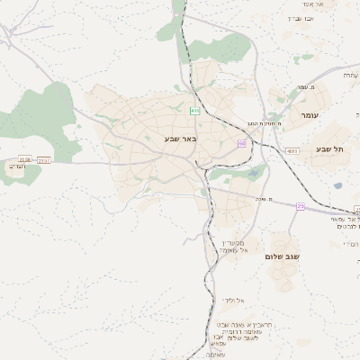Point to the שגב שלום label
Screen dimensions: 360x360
click(281, 256)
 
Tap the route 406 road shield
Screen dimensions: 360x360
click(194, 111)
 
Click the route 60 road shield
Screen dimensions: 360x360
click(242, 142)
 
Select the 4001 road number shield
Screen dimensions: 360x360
click(292, 151)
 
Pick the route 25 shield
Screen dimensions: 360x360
click(301, 206)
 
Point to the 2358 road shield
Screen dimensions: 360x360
click(24, 159)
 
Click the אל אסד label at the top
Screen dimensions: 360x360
click(324, 4)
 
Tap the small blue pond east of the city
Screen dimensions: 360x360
click(337, 186)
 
